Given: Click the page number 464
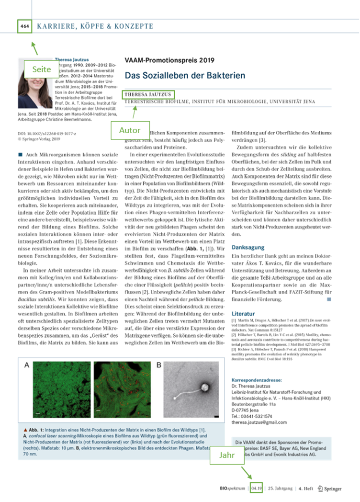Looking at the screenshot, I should [24, 26].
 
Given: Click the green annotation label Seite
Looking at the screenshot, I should [42, 69].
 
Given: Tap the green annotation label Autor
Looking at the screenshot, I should [129, 130].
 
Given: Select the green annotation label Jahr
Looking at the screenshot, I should [227, 455].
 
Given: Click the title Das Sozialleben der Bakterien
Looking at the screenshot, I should [185, 76].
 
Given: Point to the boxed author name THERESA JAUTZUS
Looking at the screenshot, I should [148, 94].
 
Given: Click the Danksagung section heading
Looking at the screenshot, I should [247, 248].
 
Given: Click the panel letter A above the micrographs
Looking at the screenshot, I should [27, 365].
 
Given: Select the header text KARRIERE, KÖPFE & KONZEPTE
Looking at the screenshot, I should [95, 26].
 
